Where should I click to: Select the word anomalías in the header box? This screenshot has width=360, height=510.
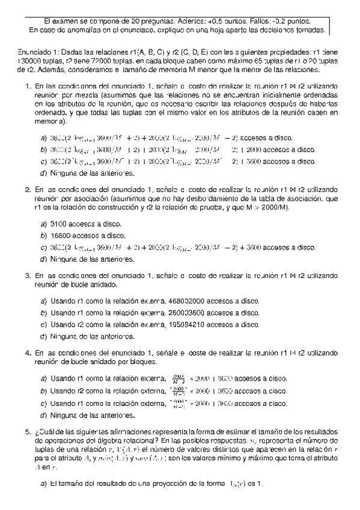click(81, 29)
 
